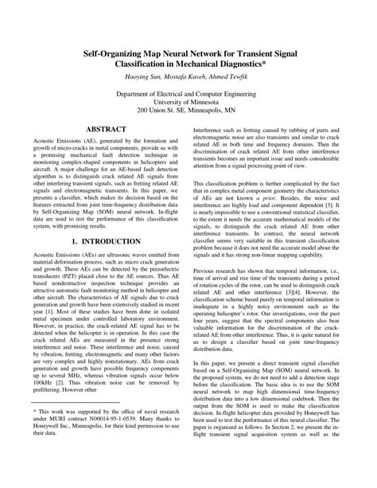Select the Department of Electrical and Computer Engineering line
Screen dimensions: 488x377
point(188,92)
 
